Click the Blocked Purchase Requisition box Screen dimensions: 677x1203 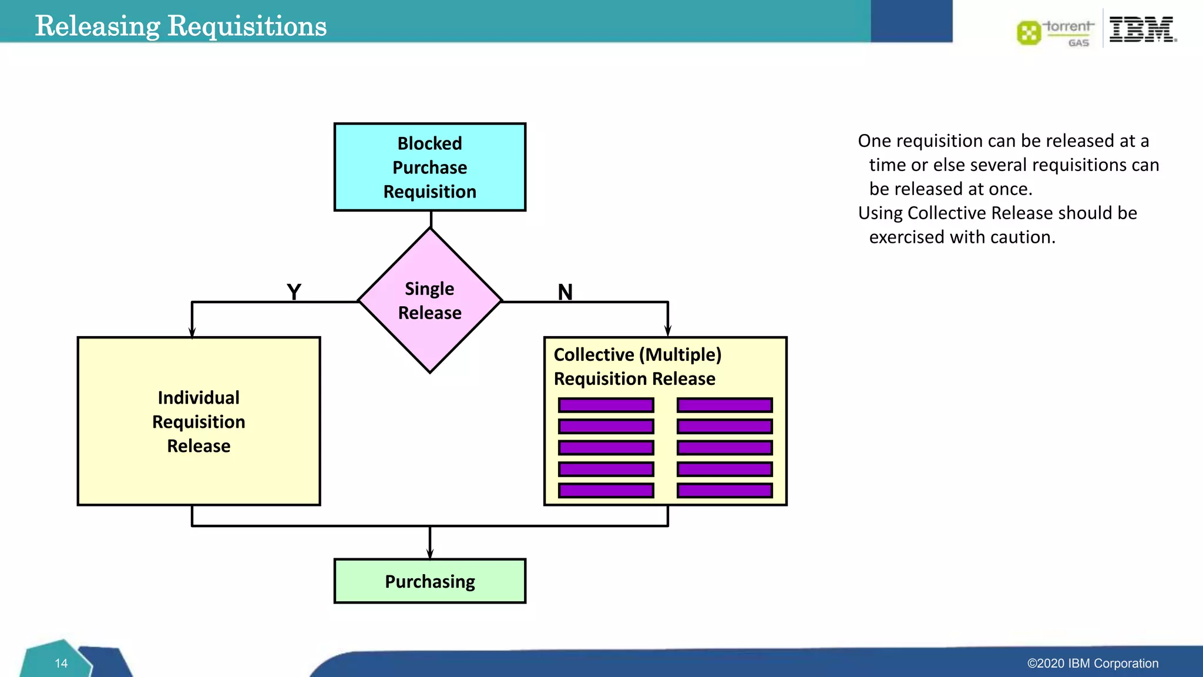429,167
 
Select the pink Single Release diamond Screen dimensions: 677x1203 429,300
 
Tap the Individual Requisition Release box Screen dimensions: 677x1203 199,421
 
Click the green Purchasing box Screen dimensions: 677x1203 429,581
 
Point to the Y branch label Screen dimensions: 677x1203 294,291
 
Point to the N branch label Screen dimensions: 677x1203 565,291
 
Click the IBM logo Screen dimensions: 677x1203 1142,29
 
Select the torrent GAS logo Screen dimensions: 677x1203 1056,32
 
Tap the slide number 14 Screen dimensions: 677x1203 61,663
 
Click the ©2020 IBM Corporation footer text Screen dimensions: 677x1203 1093,663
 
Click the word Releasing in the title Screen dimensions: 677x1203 98,26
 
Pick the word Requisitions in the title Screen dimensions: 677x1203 247,26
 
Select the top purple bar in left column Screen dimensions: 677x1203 606,405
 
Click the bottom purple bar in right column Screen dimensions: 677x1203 724,490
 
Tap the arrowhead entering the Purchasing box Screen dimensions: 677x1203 430,553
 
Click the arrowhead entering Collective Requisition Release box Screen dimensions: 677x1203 668,331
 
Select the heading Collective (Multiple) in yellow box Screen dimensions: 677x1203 637,354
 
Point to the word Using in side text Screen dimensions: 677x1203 880,213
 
